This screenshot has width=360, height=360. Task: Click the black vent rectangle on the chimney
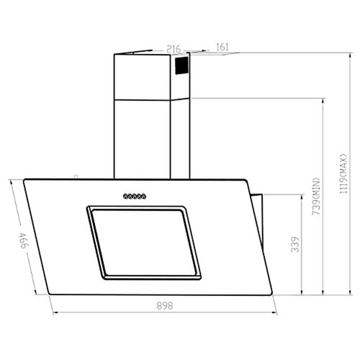tap(182, 68)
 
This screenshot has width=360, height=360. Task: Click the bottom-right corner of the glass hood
tap(275, 294)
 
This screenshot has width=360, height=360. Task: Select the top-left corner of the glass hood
tap(24, 180)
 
